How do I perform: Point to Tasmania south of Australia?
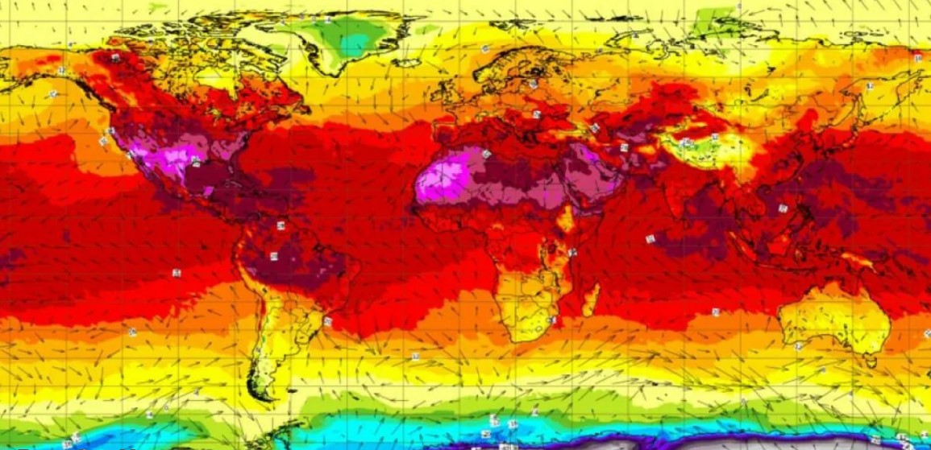tap(871, 361)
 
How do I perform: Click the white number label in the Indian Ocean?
tap(650, 239)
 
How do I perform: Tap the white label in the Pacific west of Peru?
tap(176, 273)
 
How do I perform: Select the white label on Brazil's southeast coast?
tap(327, 320)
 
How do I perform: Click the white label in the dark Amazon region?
tap(274, 256)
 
